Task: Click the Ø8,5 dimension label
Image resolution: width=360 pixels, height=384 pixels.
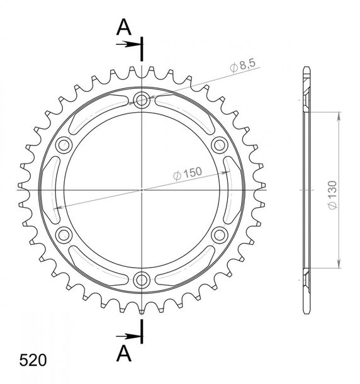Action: [242, 65]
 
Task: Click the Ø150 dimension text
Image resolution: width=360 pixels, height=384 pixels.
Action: [188, 173]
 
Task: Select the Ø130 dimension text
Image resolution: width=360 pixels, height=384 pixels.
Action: [332, 195]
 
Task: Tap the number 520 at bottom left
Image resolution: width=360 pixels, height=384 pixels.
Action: [33, 360]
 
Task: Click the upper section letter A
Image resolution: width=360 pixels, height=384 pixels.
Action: [124, 27]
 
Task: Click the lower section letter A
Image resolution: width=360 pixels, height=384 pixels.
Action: [124, 353]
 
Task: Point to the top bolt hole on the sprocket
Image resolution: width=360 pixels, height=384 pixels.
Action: [142, 100]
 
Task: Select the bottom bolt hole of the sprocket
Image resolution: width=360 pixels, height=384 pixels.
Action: [142, 280]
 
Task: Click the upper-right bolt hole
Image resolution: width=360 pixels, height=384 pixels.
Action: [220, 145]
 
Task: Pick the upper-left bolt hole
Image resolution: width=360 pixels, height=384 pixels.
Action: [64, 145]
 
